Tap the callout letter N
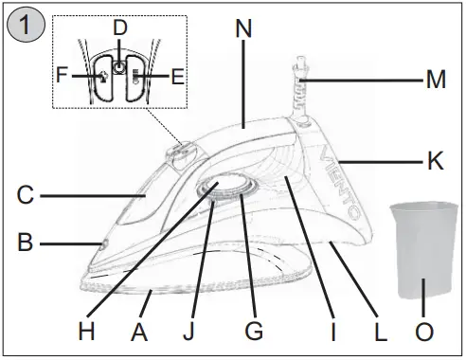244,29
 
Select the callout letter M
435,81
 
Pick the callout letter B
26,243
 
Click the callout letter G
253,332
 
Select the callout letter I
332,332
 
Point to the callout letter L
381,332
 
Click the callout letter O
425,332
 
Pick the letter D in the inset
119,28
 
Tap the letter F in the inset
63,74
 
